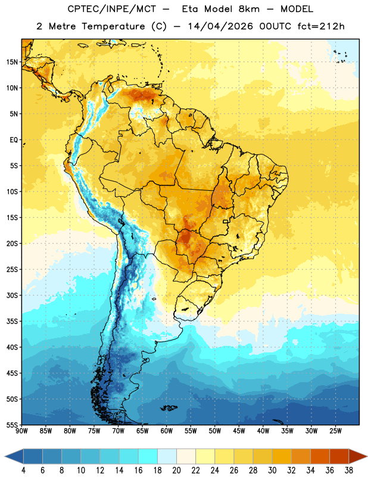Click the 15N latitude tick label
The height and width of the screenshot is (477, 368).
(12, 62)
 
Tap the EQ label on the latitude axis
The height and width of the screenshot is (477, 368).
(14, 140)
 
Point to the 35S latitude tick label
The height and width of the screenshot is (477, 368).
(12, 321)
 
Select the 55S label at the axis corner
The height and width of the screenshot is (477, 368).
(12, 425)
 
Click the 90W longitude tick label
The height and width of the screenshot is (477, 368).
(21, 431)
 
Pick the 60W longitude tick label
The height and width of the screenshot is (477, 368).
(167, 431)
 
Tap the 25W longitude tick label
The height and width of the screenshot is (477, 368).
(335, 431)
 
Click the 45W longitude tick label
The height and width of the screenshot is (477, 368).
(239, 431)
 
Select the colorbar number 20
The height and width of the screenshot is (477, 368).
(176, 470)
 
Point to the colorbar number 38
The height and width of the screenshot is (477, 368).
(349, 470)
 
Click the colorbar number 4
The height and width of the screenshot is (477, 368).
(23, 470)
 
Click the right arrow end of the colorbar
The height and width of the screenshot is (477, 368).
(358, 456)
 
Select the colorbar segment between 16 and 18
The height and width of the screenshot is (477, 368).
(148, 456)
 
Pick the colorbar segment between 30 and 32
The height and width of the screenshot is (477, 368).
(282, 456)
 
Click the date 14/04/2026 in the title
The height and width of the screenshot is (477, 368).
(220, 26)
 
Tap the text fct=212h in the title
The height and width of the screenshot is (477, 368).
(321, 26)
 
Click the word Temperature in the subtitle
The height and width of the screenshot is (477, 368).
(113, 26)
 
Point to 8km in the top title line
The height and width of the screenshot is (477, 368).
(249, 9)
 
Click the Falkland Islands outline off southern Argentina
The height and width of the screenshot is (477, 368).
(169, 408)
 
